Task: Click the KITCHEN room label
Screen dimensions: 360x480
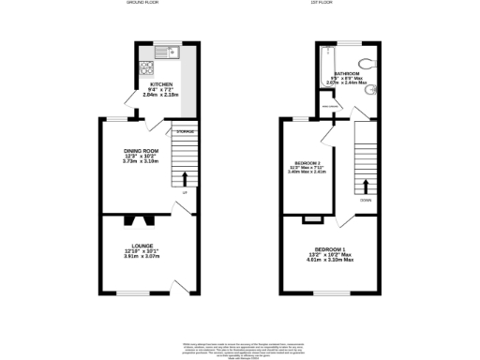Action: [x=160, y=84]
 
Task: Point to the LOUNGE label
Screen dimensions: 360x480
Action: [x=142, y=245]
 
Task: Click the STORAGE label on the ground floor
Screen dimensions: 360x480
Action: [x=185, y=131]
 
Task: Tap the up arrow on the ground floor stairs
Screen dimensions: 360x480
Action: [x=185, y=178]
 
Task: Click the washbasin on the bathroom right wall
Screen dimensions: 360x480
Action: [x=372, y=91]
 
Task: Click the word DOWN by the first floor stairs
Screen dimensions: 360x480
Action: [x=364, y=199]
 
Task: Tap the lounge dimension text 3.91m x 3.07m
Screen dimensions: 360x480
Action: [x=142, y=256]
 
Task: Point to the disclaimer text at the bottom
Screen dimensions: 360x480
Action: [x=239, y=349]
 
